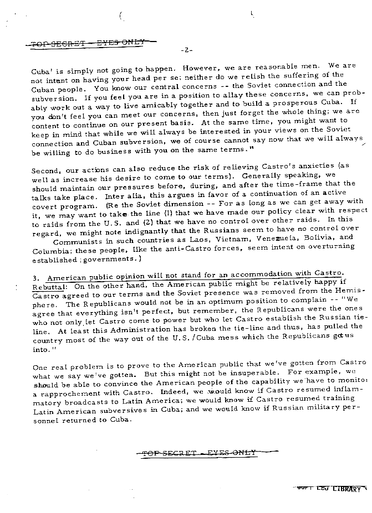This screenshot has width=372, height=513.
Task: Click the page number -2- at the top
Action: [x=186, y=50]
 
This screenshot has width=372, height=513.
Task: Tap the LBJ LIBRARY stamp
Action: [x=338, y=489]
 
